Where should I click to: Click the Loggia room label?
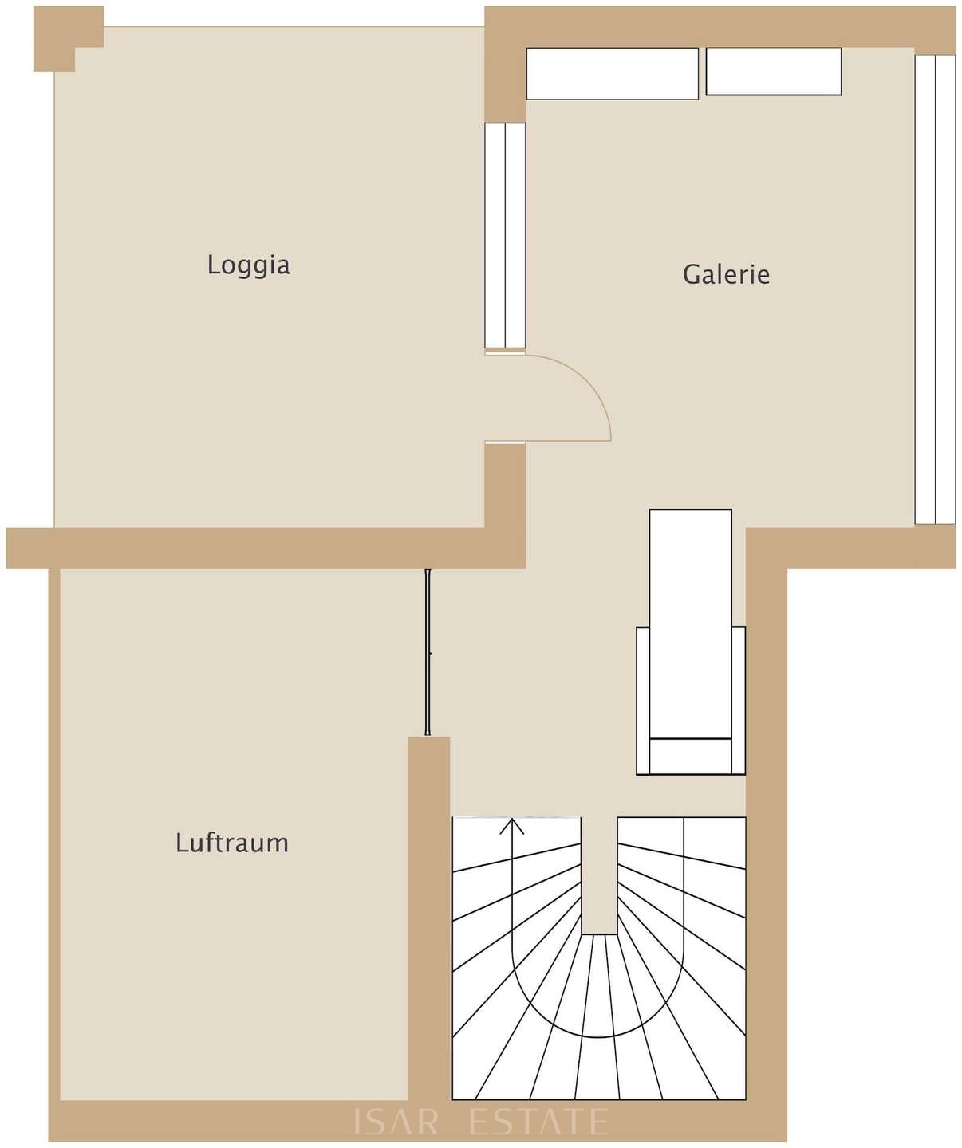pyautogui.click(x=249, y=265)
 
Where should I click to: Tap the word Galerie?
pyautogui.click(x=726, y=274)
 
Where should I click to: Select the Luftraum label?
pyautogui.click(x=232, y=843)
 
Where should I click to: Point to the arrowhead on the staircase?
pyautogui.click(x=512, y=826)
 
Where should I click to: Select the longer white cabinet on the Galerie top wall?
pyautogui.click(x=612, y=73)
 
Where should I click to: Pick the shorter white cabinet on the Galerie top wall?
pyautogui.click(x=774, y=72)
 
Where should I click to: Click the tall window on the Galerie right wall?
pyautogui.click(x=935, y=289)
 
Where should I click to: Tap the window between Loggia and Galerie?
pyautogui.click(x=505, y=235)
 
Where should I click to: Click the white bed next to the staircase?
pyautogui.click(x=691, y=642)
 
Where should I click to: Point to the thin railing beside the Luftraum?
pyautogui.click(x=428, y=652)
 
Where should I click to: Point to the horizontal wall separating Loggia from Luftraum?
pyautogui.click(x=266, y=548)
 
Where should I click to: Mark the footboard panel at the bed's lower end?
pyautogui.click(x=691, y=757)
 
